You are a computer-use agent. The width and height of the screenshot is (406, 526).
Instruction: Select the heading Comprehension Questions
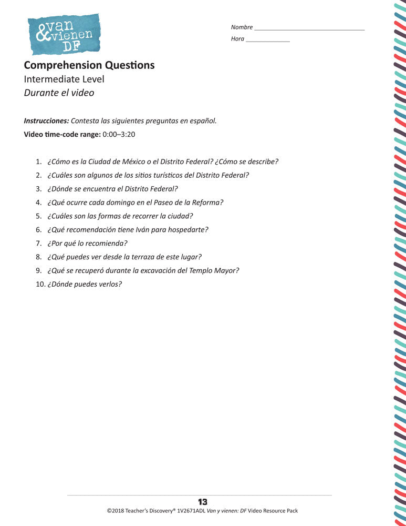coord(89,65)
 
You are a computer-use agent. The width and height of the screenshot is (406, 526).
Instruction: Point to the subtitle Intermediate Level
coord(64,79)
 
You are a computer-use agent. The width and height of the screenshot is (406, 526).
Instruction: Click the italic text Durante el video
coord(59,93)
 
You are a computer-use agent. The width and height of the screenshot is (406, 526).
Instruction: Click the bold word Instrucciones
coord(46,120)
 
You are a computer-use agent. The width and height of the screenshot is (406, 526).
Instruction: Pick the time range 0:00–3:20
coord(119,134)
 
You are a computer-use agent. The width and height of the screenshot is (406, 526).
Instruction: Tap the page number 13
coord(203,502)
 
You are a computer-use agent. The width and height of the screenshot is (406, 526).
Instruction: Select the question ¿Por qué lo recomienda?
coord(87,244)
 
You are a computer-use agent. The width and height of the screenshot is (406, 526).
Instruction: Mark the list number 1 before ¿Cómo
coord(38,161)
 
